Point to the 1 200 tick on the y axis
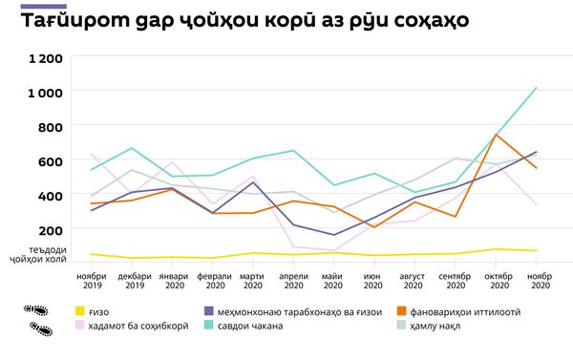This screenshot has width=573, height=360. click(x=46, y=58)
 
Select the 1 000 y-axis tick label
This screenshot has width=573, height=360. click(x=46, y=93)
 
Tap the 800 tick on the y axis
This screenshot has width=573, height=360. click(x=51, y=127)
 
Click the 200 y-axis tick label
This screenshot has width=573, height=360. click(x=51, y=229)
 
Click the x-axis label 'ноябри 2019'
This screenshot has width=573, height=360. click(x=91, y=281)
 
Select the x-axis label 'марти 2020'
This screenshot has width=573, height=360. click(x=252, y=281)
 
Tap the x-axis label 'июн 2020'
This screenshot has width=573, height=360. click(x=373, y=281)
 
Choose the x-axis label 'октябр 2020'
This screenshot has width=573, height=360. click(x=496, y=281)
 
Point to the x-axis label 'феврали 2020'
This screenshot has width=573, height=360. click(x=213, y=281)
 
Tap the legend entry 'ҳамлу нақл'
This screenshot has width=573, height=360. click(x=429, y=326)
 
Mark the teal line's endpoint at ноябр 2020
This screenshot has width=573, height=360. click(x=537, y=88)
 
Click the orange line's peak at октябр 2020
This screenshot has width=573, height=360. click(x=496, y=135)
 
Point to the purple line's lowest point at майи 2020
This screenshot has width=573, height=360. click(x=333, y=235)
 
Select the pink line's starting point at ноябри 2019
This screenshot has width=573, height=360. click(x=91, y=155)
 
